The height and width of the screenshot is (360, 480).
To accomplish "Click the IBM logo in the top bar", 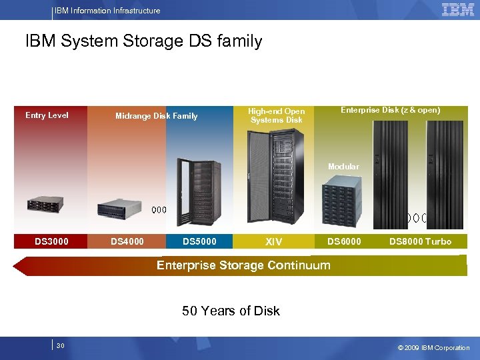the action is (x=457, y=9).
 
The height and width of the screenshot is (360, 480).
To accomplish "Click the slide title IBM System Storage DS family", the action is (x=143, y=41).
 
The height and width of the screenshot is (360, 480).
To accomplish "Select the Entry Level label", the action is (x=47, y=115).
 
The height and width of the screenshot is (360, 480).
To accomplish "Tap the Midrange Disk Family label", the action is (x=156, y=116).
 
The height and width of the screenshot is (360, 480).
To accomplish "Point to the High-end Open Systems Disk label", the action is (x=276, y=115).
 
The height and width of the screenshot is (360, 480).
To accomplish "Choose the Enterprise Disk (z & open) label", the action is (x=390, y=110).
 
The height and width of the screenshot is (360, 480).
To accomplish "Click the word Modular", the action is (x=343, y=167).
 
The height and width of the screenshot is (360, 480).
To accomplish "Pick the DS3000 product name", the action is (x=51, y=241).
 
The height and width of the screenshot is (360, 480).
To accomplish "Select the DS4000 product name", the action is (x=127, y=241).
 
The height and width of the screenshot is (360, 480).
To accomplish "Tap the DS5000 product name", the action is (x=199, y=241).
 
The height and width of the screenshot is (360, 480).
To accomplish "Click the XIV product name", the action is (x=273, y=241).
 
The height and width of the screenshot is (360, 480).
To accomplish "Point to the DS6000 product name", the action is (x=344, y=241).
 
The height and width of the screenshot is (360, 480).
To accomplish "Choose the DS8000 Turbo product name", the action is (x=420, y=241).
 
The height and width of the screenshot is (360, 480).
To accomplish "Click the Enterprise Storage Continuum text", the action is (x=243, y=265).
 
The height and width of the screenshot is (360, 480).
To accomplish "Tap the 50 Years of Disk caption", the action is (x=231, y=311).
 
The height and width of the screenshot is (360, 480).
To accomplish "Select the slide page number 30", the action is (x=60, y=346).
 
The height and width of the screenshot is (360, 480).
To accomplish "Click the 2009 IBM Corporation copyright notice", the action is (x=433, y=347).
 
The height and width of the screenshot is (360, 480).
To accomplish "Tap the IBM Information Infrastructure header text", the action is (x=107, y=11).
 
